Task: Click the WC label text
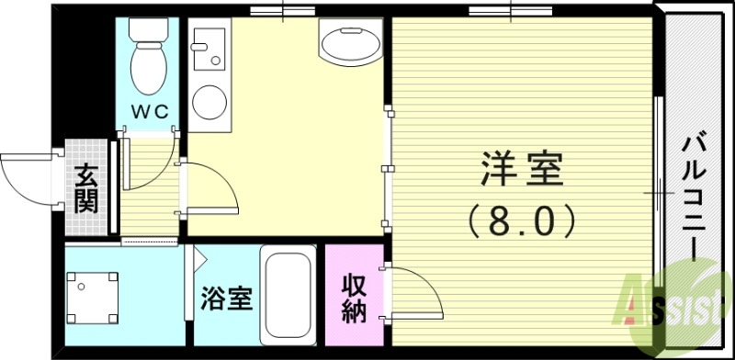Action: click(147, 112)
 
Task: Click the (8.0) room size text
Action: click(522, 219)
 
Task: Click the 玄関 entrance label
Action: click(87, 187)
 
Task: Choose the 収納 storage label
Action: click(355, 298)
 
